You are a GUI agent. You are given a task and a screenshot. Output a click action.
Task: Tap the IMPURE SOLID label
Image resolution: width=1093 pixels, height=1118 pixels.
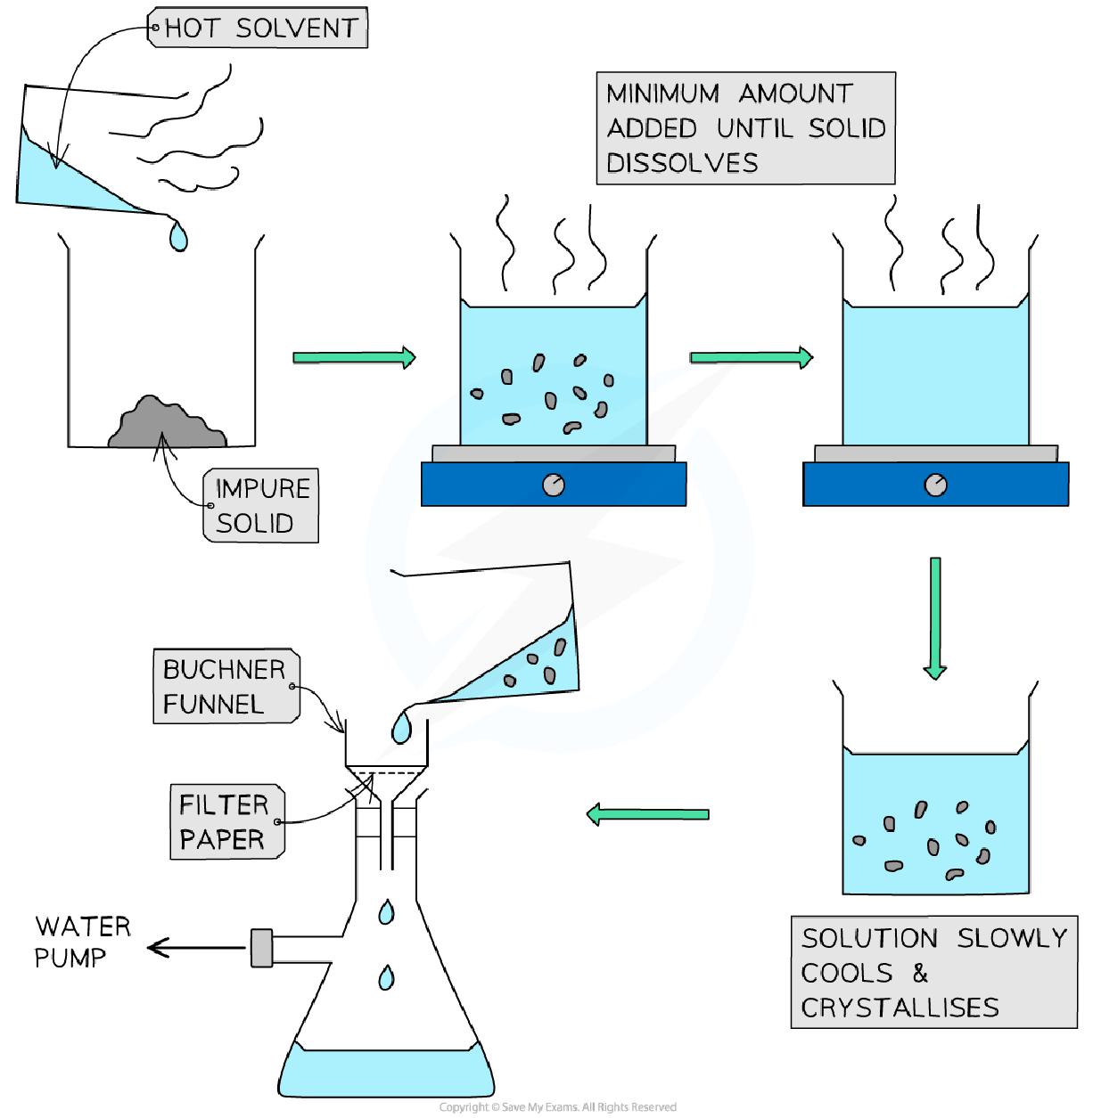tap(259, 505)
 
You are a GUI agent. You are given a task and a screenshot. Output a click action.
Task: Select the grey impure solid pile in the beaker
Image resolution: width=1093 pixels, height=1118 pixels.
tap(167, 424)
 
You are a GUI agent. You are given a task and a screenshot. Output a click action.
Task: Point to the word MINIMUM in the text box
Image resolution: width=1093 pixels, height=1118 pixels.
tap(662, 94)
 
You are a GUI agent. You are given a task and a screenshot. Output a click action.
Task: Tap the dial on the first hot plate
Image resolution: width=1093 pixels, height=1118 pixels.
tap(554, 485)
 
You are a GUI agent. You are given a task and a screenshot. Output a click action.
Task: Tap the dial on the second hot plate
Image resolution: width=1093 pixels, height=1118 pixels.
tap(935, 485)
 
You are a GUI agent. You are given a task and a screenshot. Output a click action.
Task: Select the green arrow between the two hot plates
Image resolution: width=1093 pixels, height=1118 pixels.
tap(751, 357)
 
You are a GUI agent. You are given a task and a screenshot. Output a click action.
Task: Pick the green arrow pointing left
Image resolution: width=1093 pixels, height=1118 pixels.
tap(646, 813)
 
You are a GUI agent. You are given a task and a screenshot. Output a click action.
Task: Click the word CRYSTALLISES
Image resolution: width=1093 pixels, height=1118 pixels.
tap(899, 1008)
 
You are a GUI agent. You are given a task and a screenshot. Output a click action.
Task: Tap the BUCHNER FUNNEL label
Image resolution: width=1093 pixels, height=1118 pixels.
tap(224, 687)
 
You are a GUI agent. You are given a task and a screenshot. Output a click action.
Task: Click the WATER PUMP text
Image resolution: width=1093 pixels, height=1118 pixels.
tap(82, 942)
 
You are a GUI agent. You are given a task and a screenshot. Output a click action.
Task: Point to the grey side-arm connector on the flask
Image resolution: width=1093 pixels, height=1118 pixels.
tap(261, 948)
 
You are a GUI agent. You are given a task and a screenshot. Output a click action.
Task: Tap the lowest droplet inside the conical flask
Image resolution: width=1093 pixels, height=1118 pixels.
tap(386, 976)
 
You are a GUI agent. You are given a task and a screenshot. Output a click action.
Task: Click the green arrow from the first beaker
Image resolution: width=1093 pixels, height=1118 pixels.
tap(354, 357)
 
